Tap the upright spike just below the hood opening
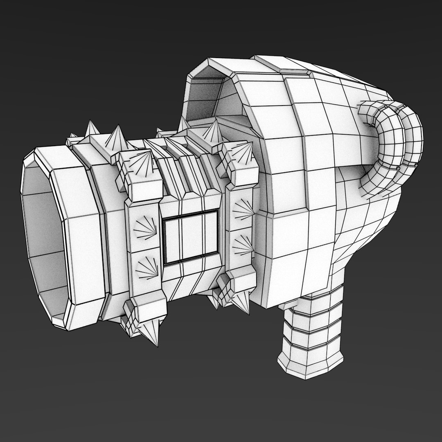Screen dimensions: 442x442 213,131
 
